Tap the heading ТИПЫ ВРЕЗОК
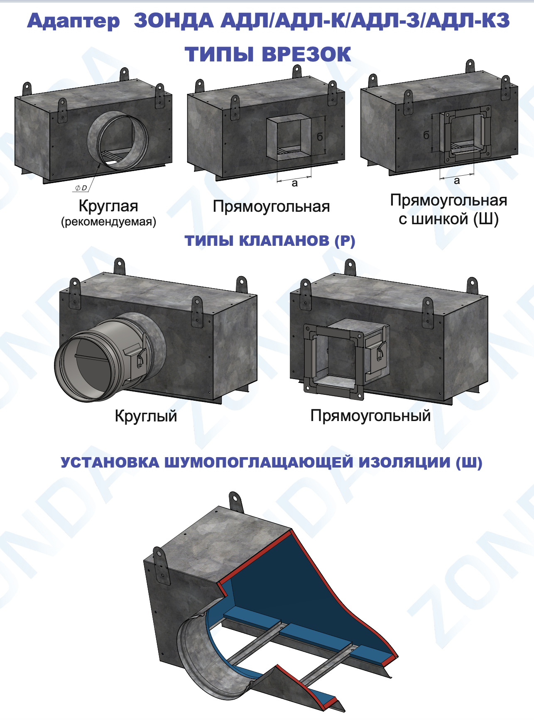pyautogui.click(x=268, y=54)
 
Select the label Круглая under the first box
pyautogui.click(x=108, y=206)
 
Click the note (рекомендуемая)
pyautogui.click(x=108, y=221)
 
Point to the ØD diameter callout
pyautogui.click(x=81, y=188)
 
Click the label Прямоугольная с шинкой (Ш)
pyautogui.click(x=448, y=209)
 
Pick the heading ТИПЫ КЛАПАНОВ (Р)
pyautogui.click(x=270, y=241)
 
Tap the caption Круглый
pyautogui.click(x=146, y=416)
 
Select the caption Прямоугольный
pyautogui.click(x=370, y=415)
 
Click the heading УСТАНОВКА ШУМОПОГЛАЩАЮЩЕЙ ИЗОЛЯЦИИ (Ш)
pyautogui.click(x=272, y=463)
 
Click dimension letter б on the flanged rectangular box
pyautogui.click(x=426, y=135)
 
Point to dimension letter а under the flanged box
pyautogui.click(x=457, y=181)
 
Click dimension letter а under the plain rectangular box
pyautogui.click(x=294, y=183)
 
